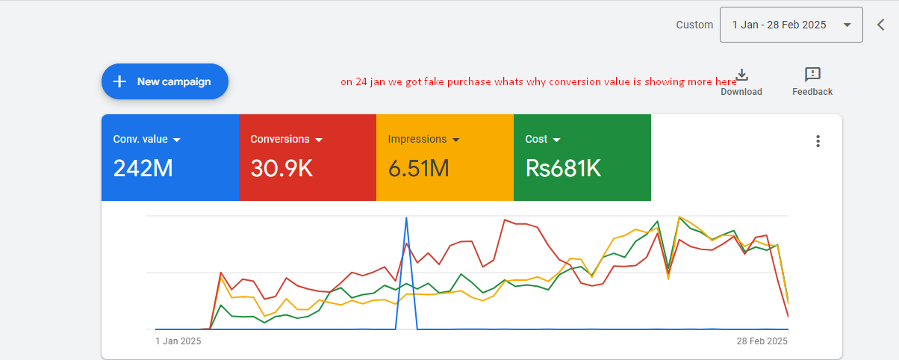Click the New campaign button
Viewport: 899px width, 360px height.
(x=165, y=81)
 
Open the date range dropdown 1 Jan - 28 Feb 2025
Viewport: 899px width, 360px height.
(x=791, y=25)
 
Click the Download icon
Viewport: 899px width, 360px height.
(x=741, y=75)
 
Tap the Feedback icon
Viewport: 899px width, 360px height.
(x=812, y=75)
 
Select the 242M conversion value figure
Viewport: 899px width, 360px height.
(x=143, y=168)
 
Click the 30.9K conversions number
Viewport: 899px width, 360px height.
(x=281, y=168)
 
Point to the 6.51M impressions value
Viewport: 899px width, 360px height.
(x=418, y=168)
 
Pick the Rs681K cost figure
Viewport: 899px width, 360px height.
(x=563, y=168)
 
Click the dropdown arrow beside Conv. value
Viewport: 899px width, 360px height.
(x=177, y=140)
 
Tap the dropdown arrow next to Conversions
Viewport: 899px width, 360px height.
(x=319, y=140)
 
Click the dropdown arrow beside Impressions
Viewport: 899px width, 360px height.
(x=456, y=140)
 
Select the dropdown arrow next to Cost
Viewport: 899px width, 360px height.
(x=556, y=140)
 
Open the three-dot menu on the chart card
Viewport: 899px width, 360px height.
(x=818, y=141)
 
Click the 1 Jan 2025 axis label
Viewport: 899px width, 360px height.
(x=178, y=341)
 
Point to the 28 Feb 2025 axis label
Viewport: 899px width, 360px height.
(x=762, y=341)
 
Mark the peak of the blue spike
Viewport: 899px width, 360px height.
(x=406, y=218)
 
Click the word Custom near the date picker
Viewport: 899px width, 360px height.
(x=694, y=25)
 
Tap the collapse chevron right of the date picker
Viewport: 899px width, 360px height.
(x=881, y=25)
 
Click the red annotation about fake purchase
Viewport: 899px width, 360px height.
(x=538, y=82)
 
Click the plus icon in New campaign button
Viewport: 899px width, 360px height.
(x=119, y=81)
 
